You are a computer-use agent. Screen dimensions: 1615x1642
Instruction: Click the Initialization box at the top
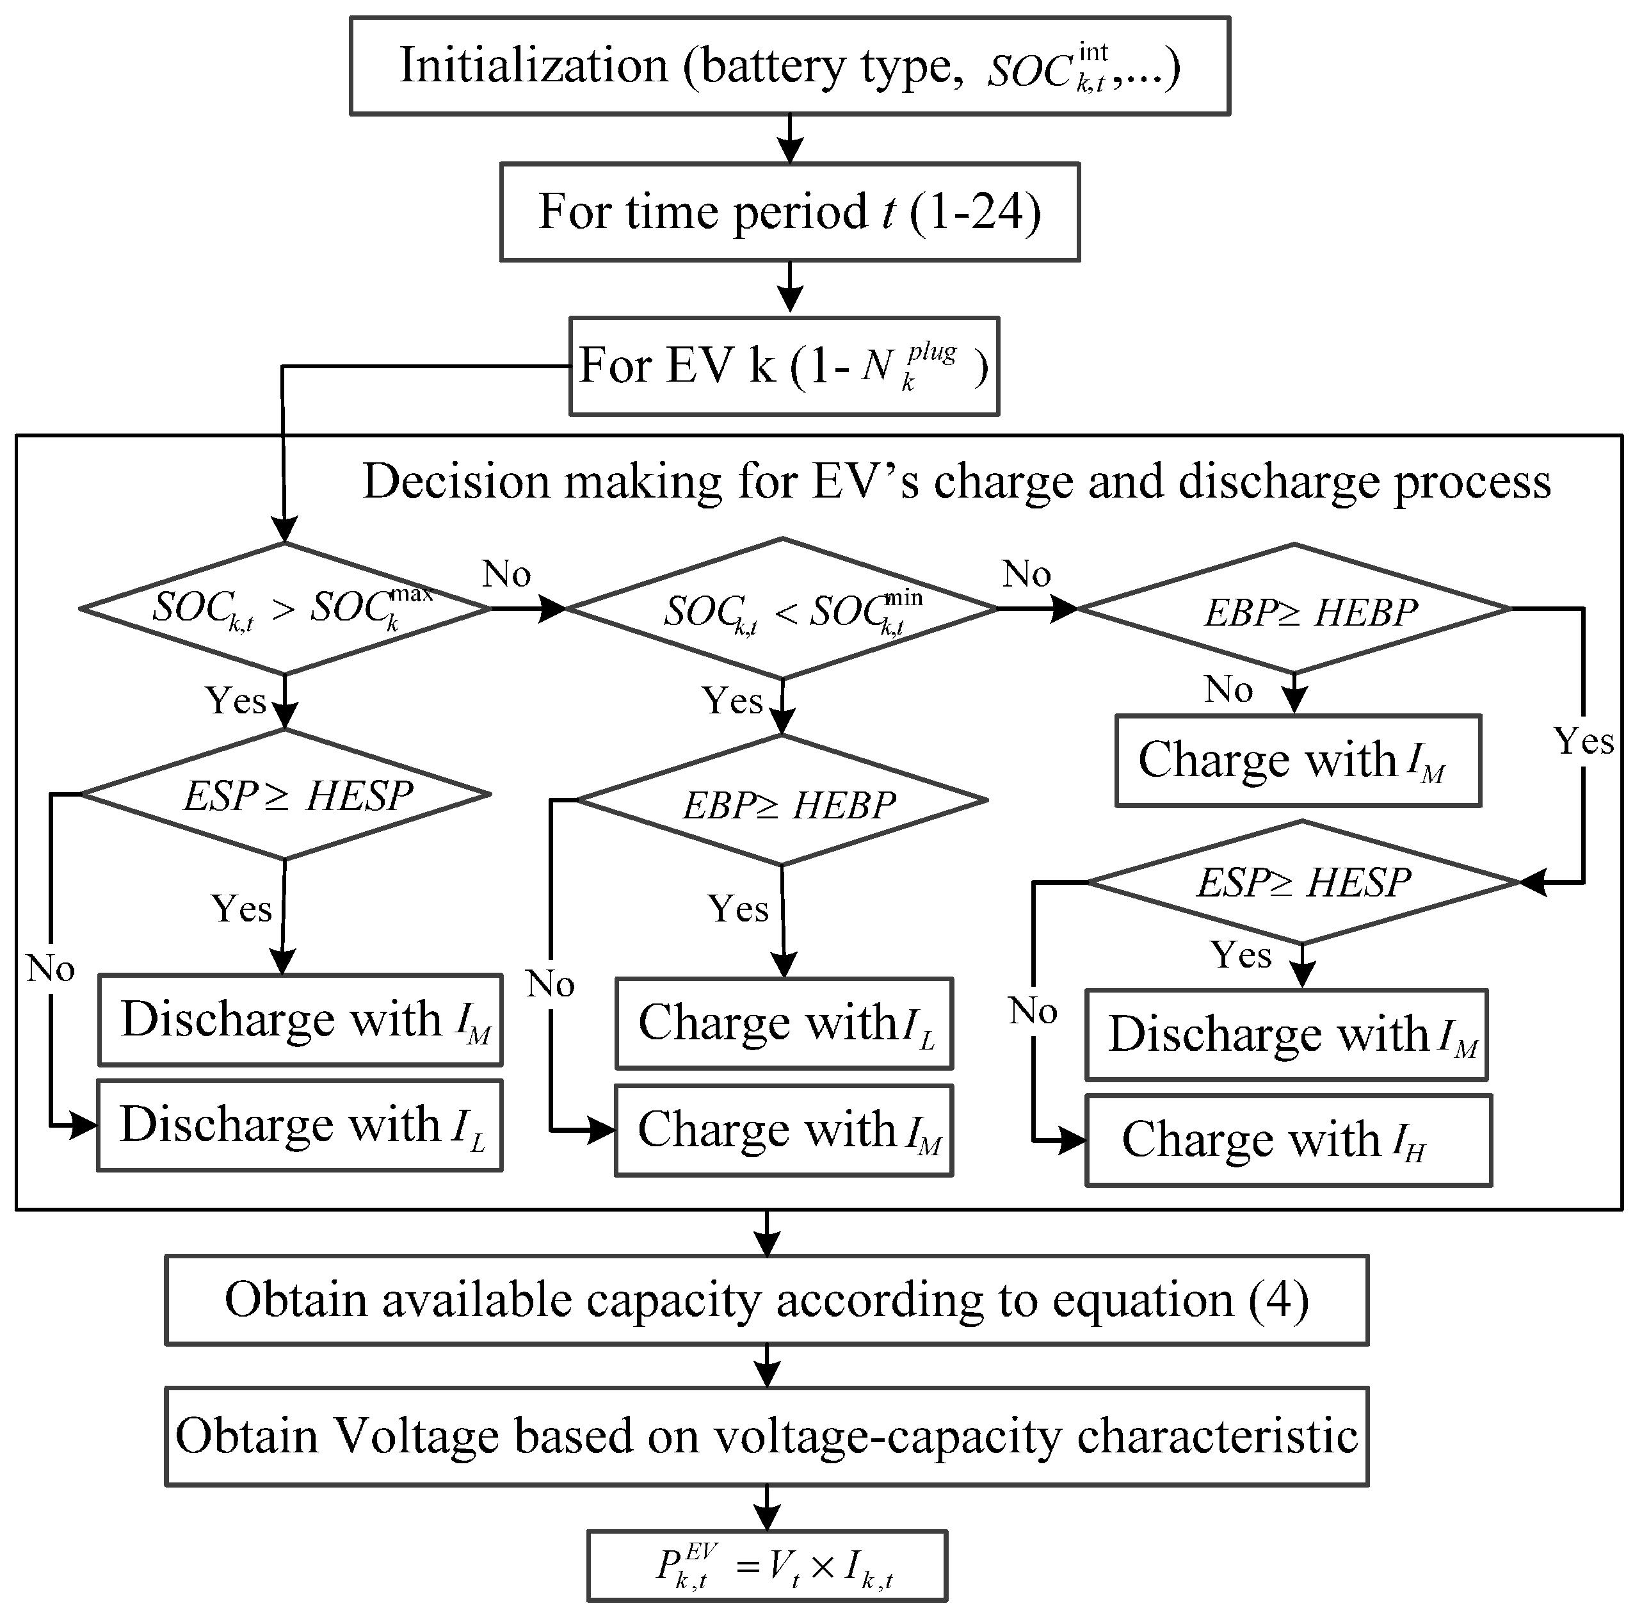coord(789,65)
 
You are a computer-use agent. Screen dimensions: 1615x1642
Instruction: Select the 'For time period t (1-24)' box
coord(789,212)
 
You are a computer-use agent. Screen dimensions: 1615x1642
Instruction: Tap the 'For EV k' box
coord(784,366)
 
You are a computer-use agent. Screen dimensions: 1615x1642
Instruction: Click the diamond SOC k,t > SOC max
coord(285,608)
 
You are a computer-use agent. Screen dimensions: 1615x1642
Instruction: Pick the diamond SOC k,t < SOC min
coord(782,609)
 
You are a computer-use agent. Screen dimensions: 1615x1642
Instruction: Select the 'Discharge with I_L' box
coord(300,1126)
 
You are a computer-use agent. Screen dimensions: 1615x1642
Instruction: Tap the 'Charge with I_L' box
coord(784,1023)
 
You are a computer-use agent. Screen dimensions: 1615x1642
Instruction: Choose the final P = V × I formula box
coord(767,1566)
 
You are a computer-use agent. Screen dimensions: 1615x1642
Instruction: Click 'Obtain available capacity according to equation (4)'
coord(767,1301)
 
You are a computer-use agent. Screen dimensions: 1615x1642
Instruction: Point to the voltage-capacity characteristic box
coord(767,1436)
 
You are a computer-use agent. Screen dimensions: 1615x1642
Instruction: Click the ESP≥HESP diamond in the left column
coord(285,795)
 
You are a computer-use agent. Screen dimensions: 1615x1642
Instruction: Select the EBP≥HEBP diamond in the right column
coord(1294,609)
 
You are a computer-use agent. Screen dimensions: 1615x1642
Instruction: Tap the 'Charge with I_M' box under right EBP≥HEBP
coord(1298,760)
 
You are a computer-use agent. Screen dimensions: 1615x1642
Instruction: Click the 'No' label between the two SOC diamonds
coord(506,574)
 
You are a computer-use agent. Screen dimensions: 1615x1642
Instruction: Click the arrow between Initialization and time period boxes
coord(789,139)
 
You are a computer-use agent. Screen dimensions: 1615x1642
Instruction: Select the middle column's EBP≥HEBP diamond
coord(782,800)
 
